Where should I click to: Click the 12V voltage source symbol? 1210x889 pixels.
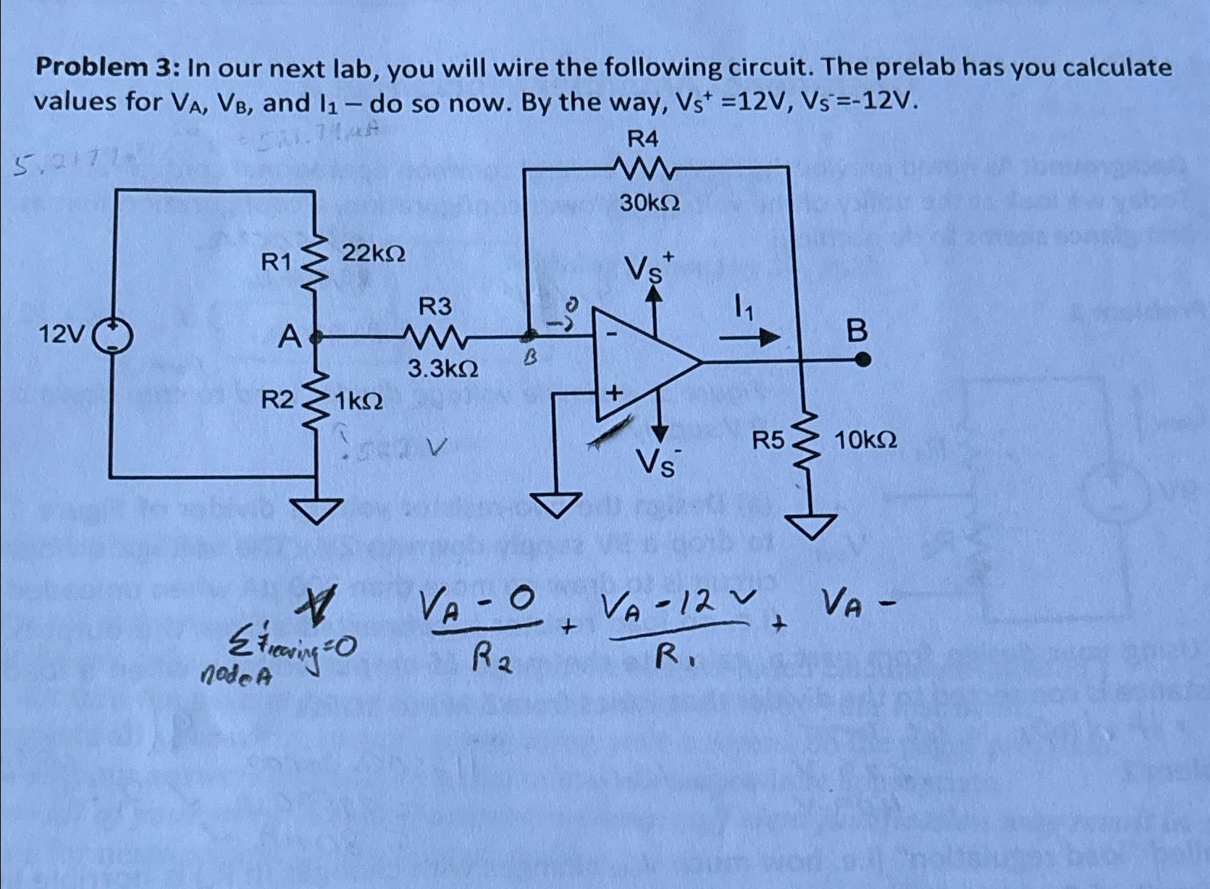[x=113, y=335]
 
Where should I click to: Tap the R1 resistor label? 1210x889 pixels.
[x=275, y=263]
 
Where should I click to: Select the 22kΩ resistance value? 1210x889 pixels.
[x=374, y=253]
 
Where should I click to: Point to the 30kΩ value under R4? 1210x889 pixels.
[x=650, y=204]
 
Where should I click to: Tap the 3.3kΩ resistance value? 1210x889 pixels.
[x=442, y=369]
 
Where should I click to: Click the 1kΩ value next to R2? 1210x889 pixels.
[x=358, y=400]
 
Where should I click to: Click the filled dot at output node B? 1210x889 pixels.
[x=862, y=359]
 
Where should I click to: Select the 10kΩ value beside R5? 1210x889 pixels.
[x=866, y=439]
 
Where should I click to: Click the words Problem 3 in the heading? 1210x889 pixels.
[x=103, y=68]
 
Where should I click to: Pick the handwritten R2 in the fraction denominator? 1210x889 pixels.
[x=490, y=659]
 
